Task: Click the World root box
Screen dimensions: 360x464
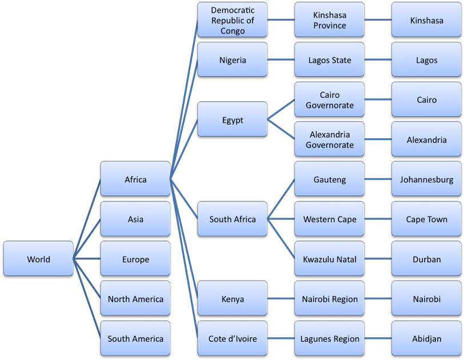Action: point(38,259)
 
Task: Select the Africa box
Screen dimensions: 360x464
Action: point(135,179)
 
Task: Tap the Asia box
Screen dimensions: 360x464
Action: point(135,219)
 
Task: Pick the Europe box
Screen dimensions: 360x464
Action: point(135,259)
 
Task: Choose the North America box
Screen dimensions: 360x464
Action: point(135,298)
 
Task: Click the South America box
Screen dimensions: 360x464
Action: point(135,338)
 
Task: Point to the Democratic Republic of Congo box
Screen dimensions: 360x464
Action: point(233,21)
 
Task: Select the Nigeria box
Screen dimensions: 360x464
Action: point(233,60)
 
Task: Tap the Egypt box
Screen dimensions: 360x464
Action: point(233,120)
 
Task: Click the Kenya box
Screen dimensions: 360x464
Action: point(233,298)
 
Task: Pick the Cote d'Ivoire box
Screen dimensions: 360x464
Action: point(233,338)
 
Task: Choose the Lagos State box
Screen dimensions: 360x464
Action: point(330,60)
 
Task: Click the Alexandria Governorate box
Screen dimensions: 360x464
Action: point(330,139)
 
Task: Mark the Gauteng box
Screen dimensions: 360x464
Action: point(330,179)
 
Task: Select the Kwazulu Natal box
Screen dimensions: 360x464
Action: point(330,259)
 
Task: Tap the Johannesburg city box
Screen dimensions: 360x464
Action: point(426,179)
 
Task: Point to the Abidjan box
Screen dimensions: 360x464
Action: point(426,338)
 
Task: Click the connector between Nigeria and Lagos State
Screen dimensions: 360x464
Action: point(281,60)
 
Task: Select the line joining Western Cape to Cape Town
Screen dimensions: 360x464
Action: point(378,219)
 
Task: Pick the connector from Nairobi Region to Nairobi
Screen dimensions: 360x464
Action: point(378,298)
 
